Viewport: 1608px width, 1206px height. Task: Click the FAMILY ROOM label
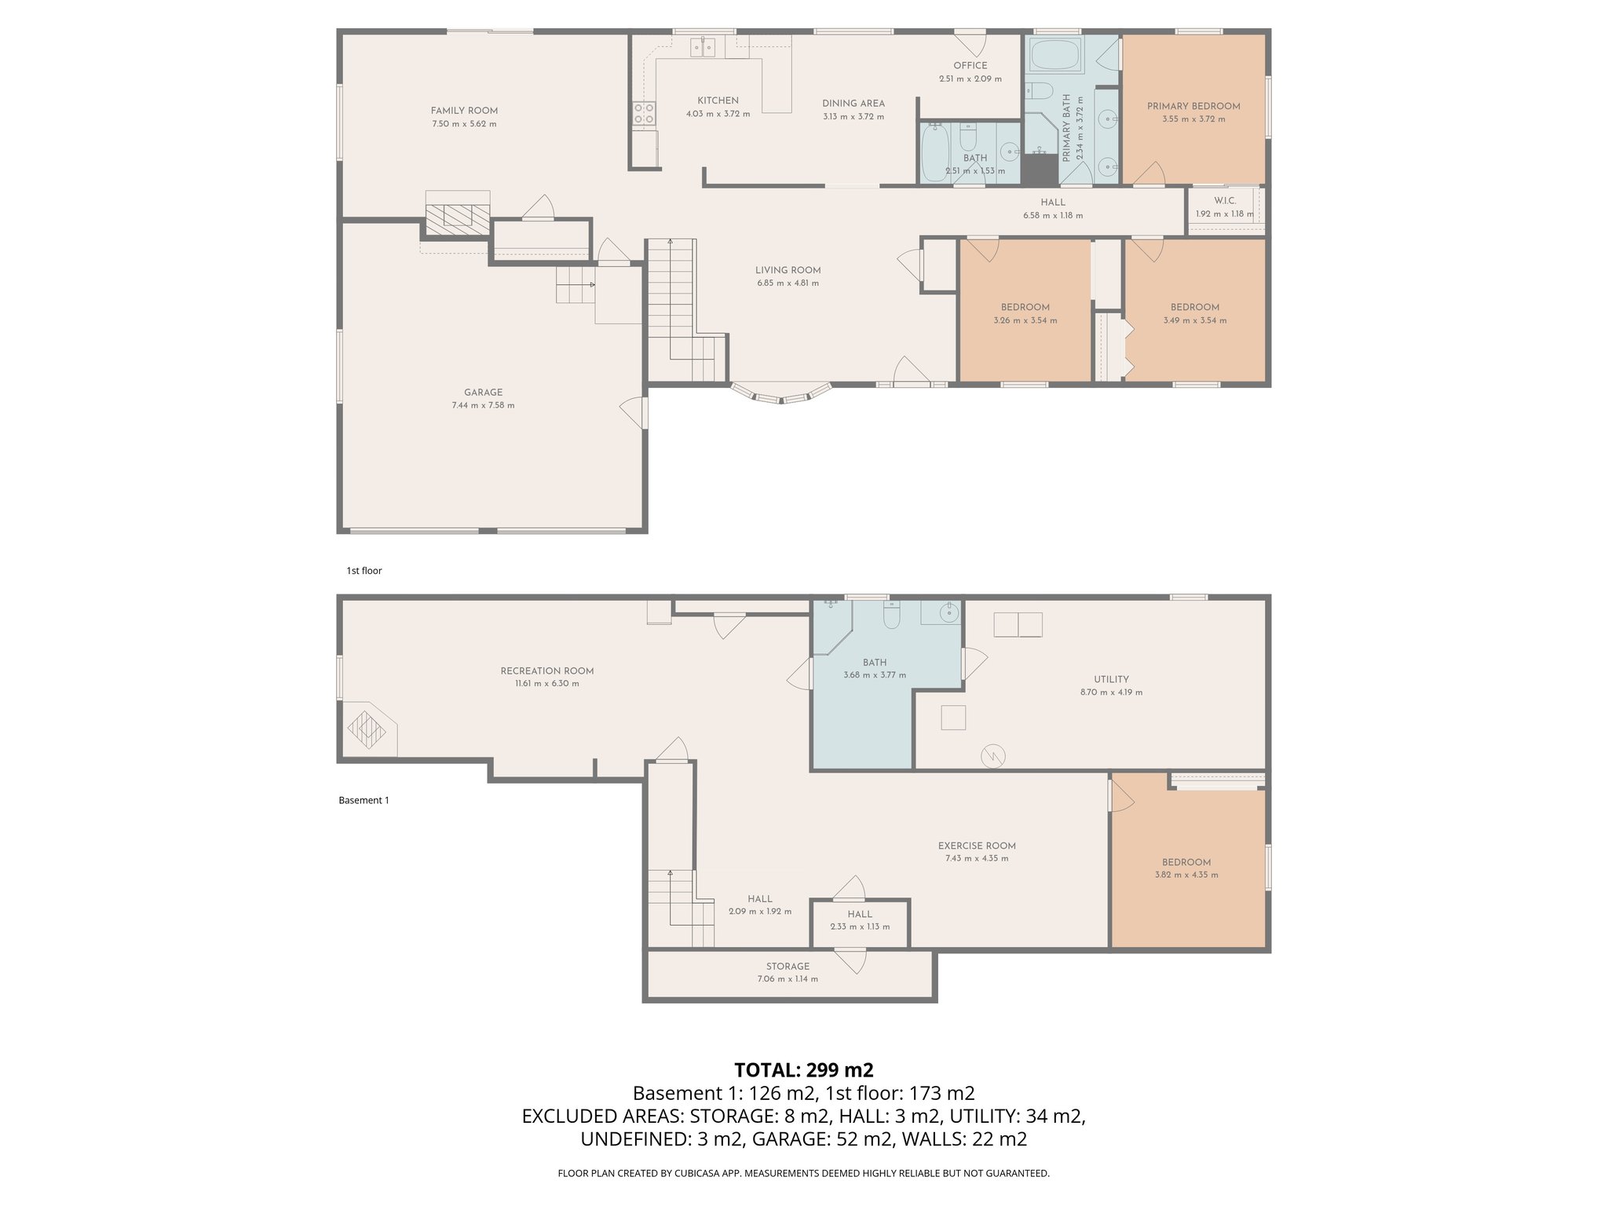coord(464,111)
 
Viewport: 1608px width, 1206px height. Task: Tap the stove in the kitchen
coord(644,114)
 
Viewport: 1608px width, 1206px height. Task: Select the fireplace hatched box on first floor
coord(458,214)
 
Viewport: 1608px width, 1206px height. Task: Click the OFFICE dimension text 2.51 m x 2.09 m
coord(970,79)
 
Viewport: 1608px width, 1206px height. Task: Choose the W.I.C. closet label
coord(1224,201)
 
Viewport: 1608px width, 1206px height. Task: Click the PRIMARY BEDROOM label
coord(1193,106)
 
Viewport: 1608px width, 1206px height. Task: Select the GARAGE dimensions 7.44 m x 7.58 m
coord(483,405)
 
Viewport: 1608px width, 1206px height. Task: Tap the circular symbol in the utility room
coord(992,755)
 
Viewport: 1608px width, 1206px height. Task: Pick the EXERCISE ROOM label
coord(977,846)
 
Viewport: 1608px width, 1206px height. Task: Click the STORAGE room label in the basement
coord(788,967)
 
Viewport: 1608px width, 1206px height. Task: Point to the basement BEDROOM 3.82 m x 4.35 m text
coord(1186,875)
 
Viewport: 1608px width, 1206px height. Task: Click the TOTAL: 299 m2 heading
coord(803,1070)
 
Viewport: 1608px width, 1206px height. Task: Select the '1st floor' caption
coord(364,571)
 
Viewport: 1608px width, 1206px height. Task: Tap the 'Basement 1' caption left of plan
coord(364,800)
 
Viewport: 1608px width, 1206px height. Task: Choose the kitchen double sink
coord(703,49)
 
